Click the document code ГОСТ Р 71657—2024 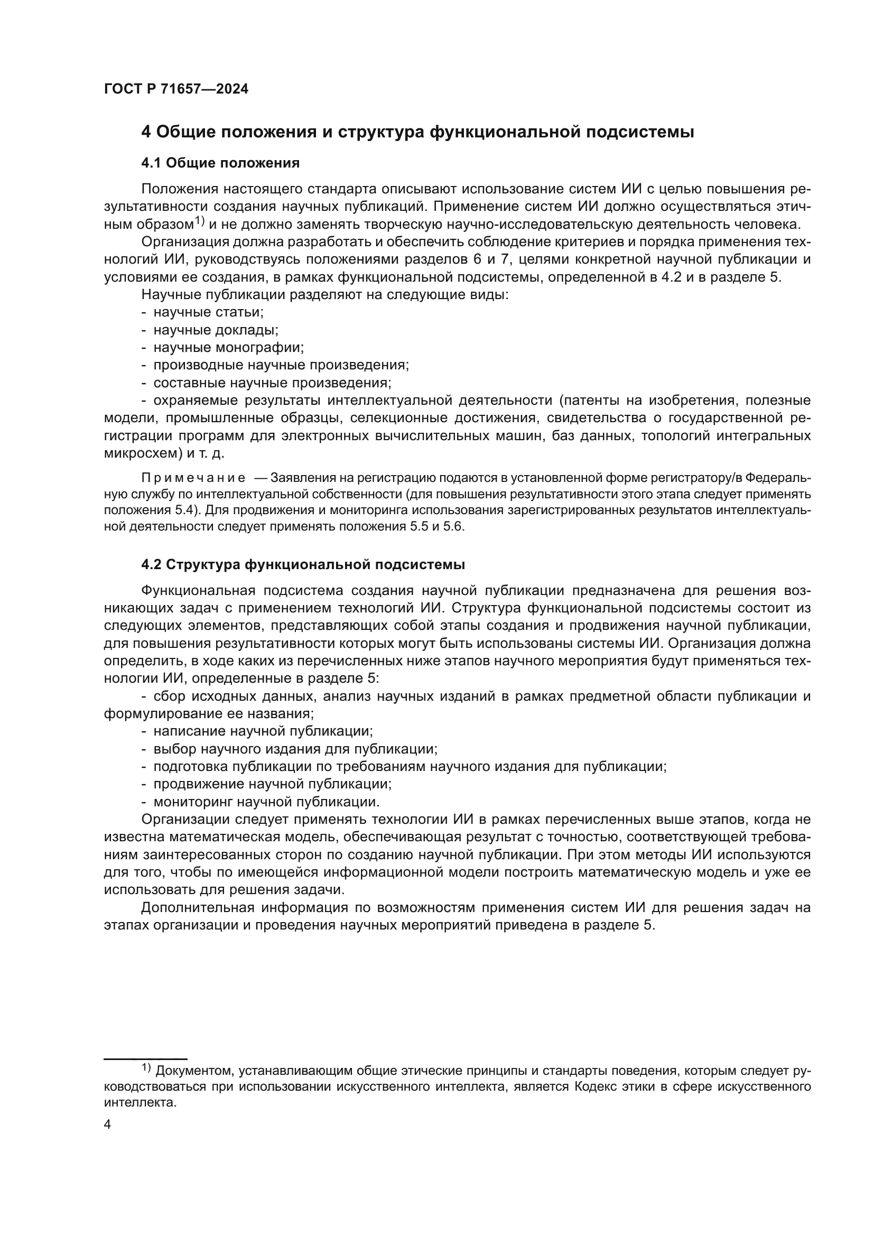pos(176,89)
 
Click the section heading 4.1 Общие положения pos(220,163)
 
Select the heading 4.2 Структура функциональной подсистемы pos(303,565)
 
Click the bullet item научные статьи pos(208,312)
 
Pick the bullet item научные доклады pos(216,330)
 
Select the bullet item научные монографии pos(229,348)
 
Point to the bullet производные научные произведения pos(281,365)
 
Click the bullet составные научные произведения pos(272,383)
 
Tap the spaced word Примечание pos(193,478)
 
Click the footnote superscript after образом pos(199,221)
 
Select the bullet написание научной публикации pos(263,731)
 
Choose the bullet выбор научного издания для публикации pos(295,749)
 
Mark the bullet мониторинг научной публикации pos(266,802)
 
